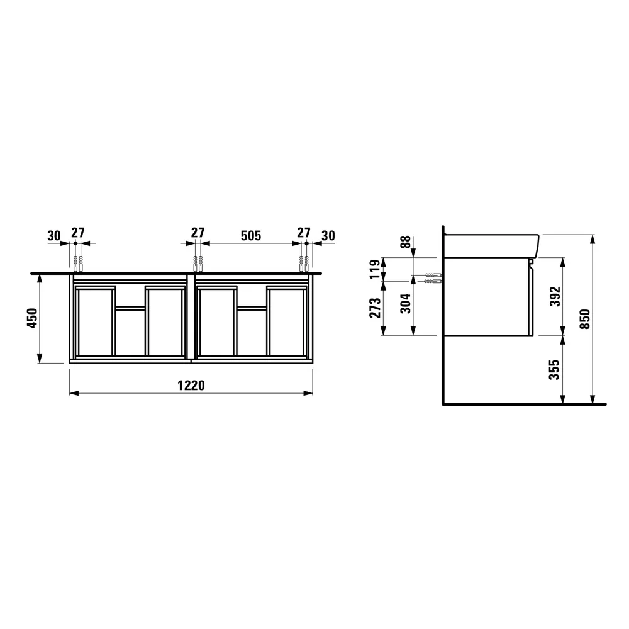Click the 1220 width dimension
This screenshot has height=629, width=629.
(x=191, y=385)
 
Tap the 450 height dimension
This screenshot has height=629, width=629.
(x=32, y=318)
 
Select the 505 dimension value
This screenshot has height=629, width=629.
(x=251, y=235)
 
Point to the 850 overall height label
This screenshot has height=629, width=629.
(x=585, y=320)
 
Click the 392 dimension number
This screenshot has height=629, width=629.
(x=555, y=296)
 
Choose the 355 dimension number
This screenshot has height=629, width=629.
(x=554, y=369)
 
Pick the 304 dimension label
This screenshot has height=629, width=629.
(x=406, y=304)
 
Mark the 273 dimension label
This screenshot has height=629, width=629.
(x=375, y=308)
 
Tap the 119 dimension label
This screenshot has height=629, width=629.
(x=375, y=269)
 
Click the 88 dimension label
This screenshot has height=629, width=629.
(x=406, y=242)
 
